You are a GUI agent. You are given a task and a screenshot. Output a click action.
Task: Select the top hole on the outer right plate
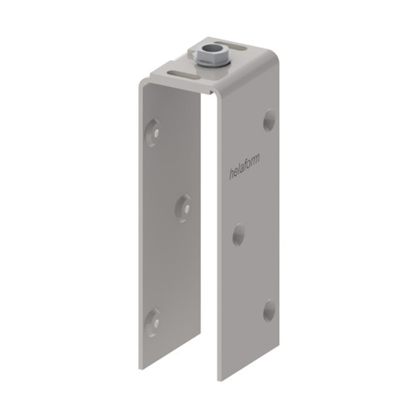point(269,120)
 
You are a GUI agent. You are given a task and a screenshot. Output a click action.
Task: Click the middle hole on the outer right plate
point(238,233)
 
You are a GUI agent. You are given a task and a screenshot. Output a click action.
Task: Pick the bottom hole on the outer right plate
point(269,310)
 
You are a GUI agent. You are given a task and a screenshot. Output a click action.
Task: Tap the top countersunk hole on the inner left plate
point(153,131)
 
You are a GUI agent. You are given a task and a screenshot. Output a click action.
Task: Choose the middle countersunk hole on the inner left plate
point(183,207)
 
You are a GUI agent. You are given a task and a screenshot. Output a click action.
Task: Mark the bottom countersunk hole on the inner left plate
point(153,318)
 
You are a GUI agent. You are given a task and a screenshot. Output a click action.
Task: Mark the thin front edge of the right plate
point(219,251)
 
